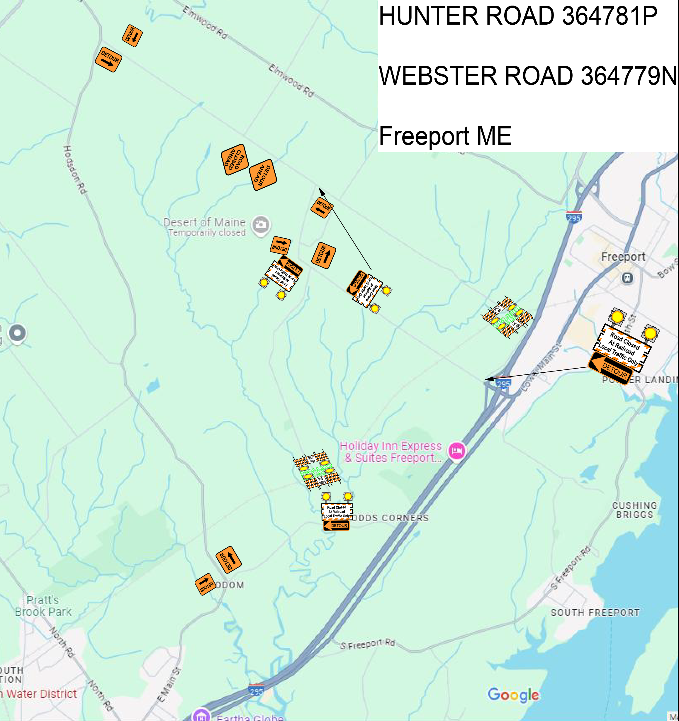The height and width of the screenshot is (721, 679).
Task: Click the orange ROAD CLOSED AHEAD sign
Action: click(235, 160)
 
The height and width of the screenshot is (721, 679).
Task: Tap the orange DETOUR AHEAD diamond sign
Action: click(263, 175)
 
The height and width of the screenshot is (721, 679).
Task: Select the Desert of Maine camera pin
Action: click(261, 225)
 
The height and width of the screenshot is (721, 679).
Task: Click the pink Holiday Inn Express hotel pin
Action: click(457, 451)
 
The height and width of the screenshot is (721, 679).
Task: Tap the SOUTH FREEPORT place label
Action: click(595, 613)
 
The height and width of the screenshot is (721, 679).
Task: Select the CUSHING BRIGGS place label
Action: click(634, 510)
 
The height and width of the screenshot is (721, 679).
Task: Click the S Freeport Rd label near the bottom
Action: click(367, 644)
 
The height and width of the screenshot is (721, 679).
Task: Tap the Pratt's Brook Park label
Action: click(43, 606)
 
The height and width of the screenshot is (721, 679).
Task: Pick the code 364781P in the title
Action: click(609, 16)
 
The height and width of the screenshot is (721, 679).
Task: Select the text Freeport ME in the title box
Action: click(445, 136)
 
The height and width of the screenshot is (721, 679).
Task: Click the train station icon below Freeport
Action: click(627, 278)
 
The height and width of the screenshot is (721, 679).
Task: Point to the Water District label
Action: click(41, 694)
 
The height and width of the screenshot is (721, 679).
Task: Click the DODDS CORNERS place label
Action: click(390, 518)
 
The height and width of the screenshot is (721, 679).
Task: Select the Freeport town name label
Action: click(623, 257)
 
